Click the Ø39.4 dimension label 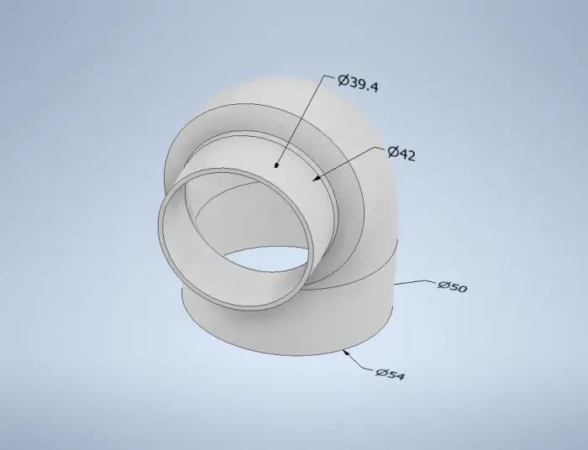(358, 83)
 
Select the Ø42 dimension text (402, 154)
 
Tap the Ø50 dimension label (452, 286)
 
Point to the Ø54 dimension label (391, 374)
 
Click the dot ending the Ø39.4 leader (276, 165)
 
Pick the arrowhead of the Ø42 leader (317, 178)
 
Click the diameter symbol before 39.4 (343, 81)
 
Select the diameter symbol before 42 (393, 152)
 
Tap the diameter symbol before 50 (443, 285)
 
